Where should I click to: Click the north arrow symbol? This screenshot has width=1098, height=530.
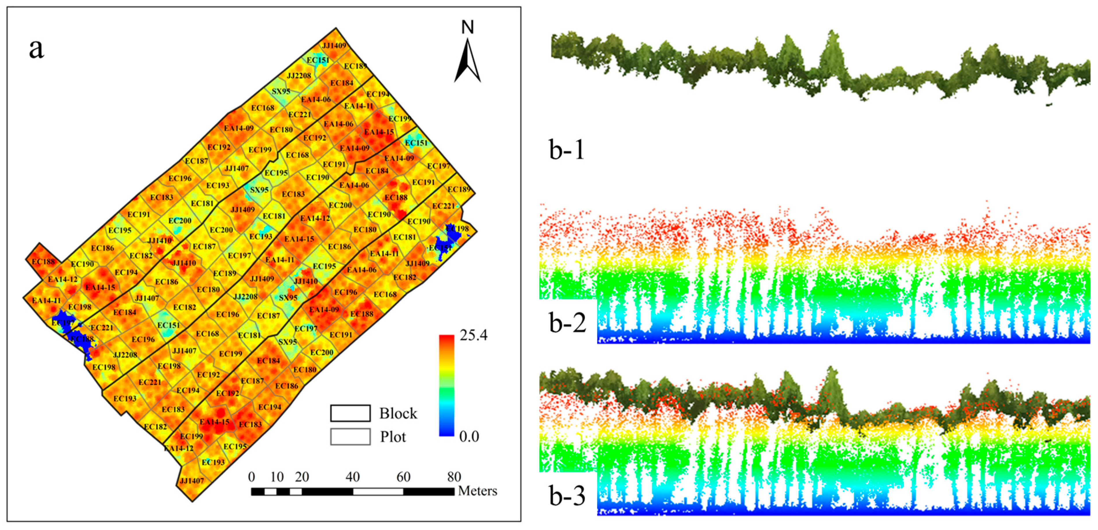coord(468,62)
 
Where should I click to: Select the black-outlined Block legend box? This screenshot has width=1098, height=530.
coord(350,413)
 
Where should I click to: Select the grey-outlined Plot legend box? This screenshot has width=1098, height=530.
coord(350,436)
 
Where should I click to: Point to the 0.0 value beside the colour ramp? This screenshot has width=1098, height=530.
coord(469,436)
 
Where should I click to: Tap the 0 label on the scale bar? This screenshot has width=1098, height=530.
coord(252,477)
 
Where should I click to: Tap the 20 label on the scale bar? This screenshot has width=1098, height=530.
coord(302,477)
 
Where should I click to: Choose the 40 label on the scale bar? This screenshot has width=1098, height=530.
coord(353,477)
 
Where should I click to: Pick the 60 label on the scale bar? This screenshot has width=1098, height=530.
coord(403,477)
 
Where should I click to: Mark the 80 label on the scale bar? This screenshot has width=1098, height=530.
coord(454,477)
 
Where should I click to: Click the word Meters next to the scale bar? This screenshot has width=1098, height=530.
coord(477,491)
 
